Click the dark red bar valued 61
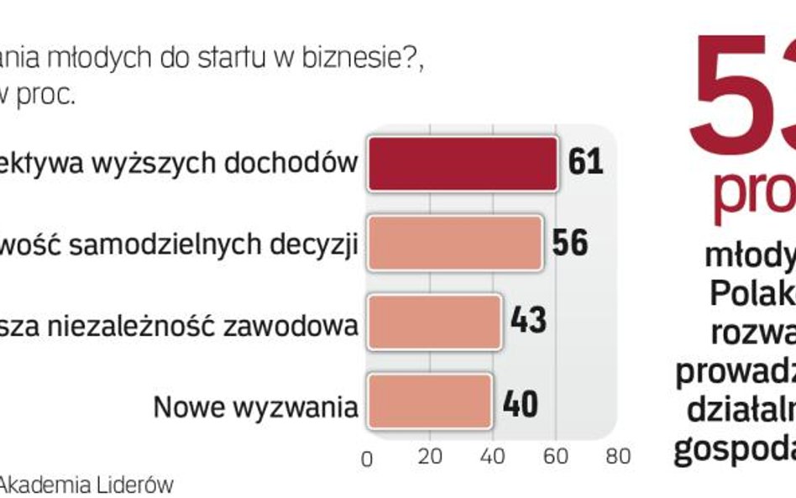click(463, 164)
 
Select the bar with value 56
click(455, 244)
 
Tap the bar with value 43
click(435, 322)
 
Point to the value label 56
click(570, 243)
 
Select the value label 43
click(529, 321)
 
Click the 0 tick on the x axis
click(367, 459)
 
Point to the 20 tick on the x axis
click(430, 458)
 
